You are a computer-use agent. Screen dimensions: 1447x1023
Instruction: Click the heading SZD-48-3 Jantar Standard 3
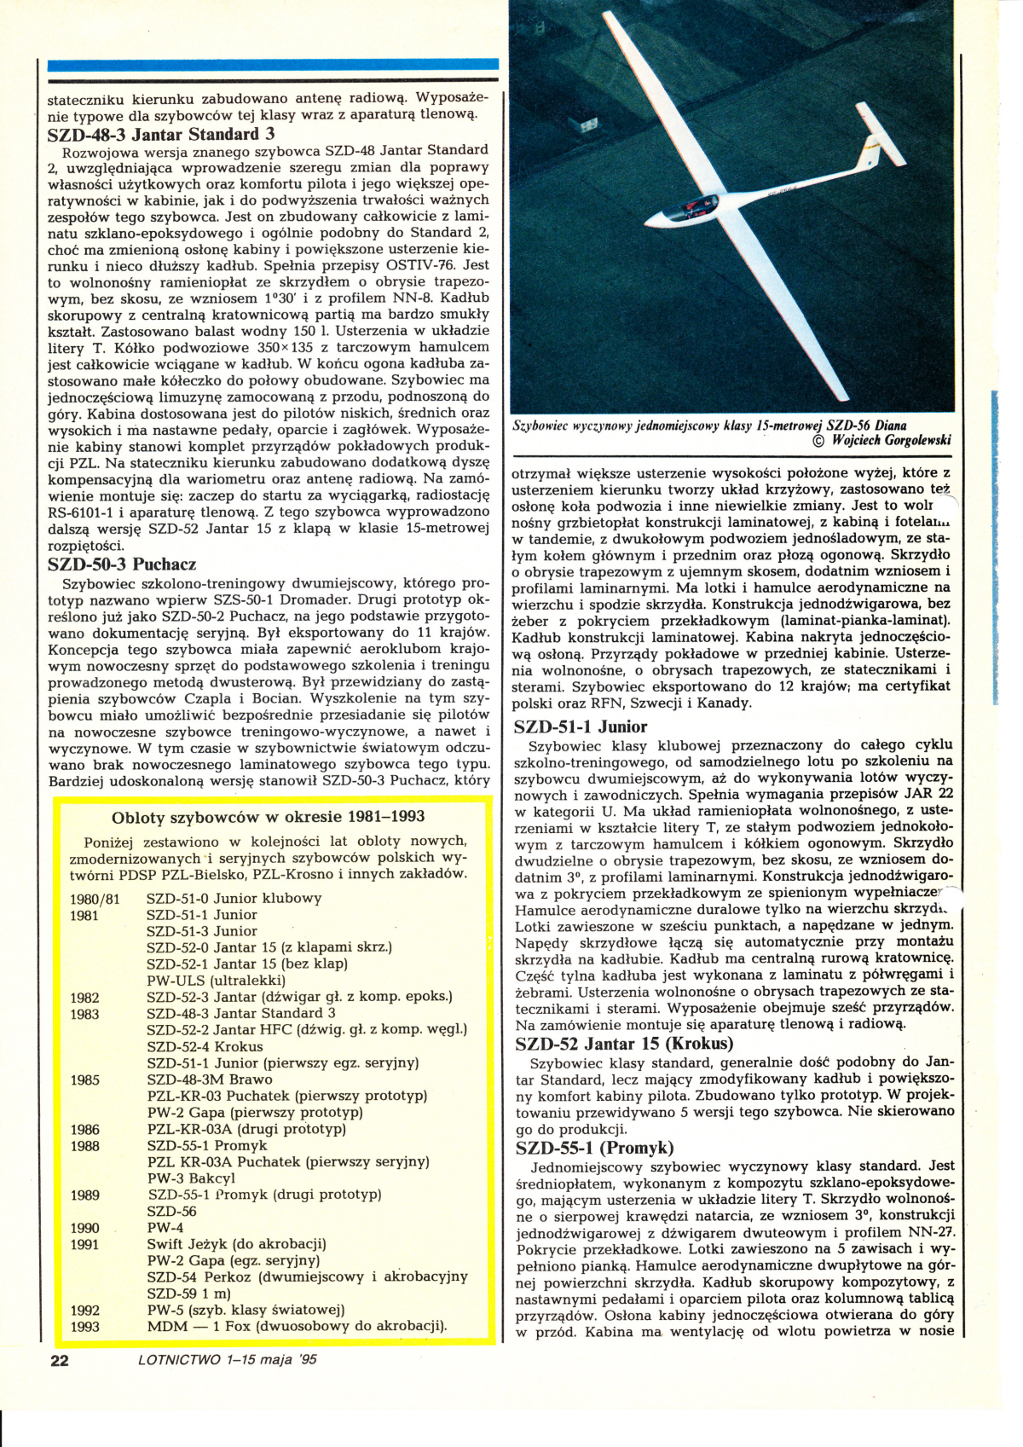[161, 134]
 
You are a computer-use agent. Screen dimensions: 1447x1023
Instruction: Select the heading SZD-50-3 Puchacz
[122, 564]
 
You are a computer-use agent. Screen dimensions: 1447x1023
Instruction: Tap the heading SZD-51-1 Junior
[581, 726]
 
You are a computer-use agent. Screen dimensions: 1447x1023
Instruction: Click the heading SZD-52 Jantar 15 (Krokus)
[624, 1044]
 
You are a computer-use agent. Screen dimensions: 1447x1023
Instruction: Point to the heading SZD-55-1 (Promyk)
[594, 1148]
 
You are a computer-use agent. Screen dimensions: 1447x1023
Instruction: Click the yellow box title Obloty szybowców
[269, 817]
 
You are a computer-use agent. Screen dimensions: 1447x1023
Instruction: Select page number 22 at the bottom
[60, 1360]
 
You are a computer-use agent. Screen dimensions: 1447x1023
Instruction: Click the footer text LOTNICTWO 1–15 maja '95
[227, 1359]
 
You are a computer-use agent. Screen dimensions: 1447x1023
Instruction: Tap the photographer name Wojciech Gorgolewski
[891, 441]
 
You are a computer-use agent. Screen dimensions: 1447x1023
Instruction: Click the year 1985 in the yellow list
[85, 1080]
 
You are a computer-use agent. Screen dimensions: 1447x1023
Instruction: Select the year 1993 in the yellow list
[85, 1327]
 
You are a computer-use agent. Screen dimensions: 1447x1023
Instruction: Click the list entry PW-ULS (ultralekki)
[216, 981]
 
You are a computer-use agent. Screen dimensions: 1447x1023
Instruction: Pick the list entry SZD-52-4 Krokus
[205, 1046]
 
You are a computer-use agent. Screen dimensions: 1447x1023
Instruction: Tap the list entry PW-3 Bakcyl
[191, 1178]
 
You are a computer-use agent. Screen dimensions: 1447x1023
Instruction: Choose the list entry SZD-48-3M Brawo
[210, 1079]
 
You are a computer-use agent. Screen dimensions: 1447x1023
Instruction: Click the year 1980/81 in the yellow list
[95, 899]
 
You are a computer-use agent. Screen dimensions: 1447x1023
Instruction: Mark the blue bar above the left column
[273, 64]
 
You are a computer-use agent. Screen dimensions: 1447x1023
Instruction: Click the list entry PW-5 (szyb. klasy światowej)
[246, 1310]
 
